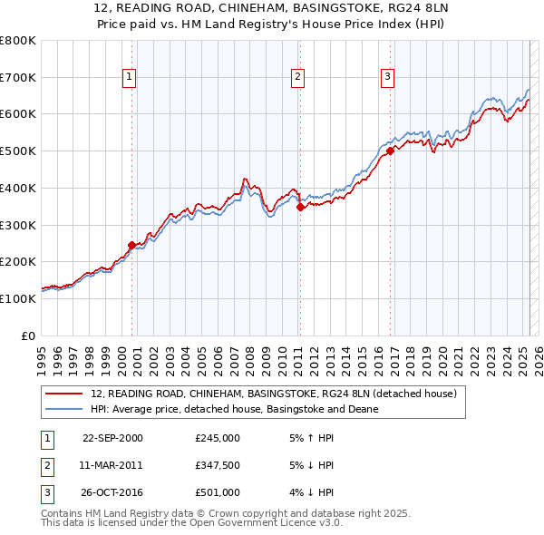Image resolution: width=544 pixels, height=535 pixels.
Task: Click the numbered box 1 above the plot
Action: [131, 78]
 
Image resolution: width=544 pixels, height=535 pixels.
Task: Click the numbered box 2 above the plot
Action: [297, 78]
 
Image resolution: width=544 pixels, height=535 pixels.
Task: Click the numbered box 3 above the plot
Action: [387, 78]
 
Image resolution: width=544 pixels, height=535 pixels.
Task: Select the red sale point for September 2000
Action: [131, 245]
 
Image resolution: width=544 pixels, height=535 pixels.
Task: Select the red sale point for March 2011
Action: [300, 207]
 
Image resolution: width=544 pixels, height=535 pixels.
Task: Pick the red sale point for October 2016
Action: [391, 151]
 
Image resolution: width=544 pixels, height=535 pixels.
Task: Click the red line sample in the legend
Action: [64, 394]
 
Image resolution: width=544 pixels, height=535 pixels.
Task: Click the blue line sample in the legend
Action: [64, 409]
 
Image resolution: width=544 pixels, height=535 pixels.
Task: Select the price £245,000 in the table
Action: [218, 438]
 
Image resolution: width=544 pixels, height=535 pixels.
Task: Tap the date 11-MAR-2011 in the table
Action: [112, 465]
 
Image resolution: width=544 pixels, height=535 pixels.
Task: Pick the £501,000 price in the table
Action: [218, 492]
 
